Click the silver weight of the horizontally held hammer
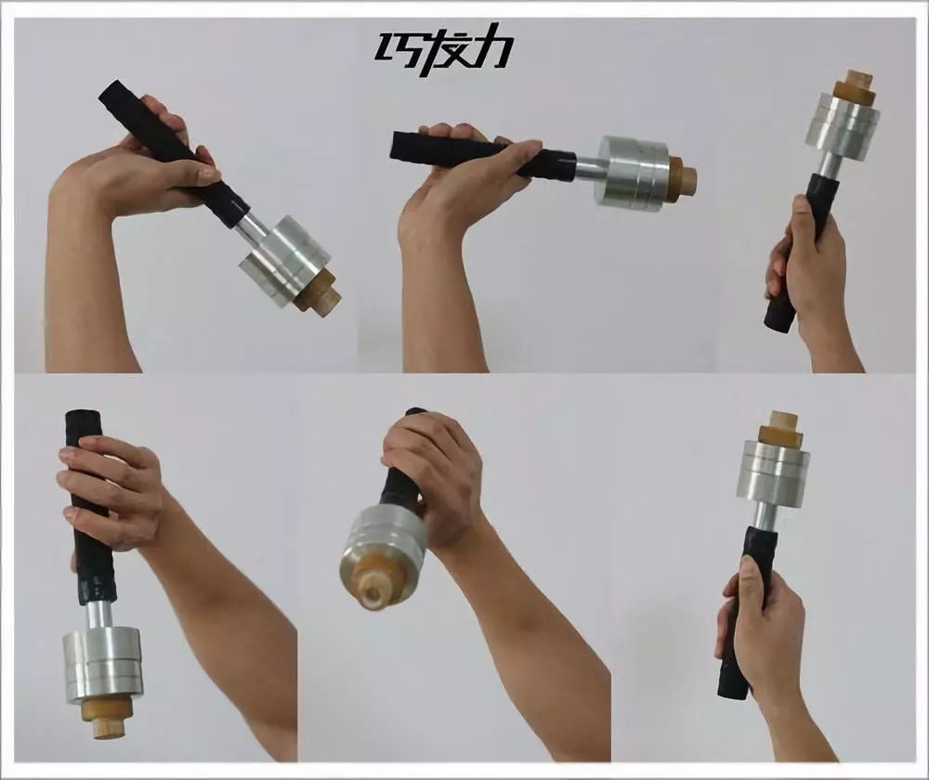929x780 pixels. point(633,173)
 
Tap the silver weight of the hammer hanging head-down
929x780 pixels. point(103,667)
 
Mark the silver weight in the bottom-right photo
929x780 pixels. point(773,470)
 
